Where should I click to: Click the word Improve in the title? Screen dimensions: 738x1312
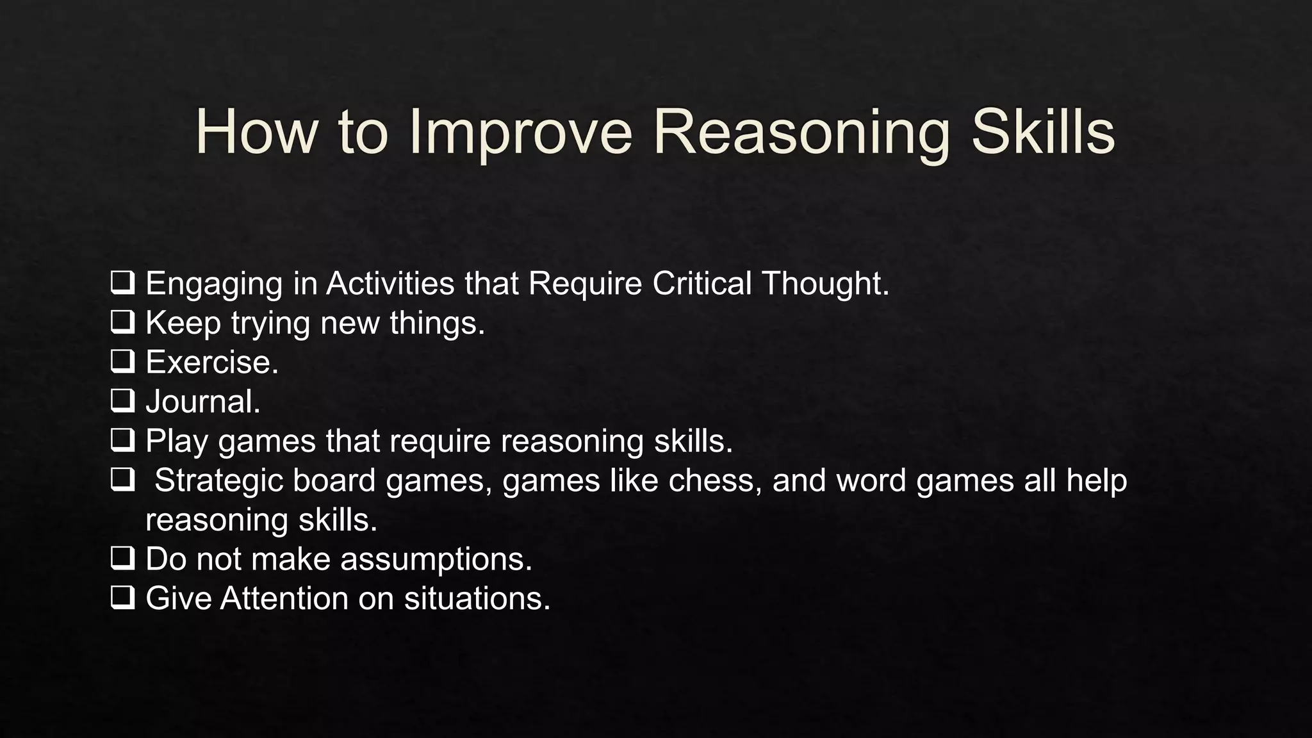pyautogui.click(x=520, y=133)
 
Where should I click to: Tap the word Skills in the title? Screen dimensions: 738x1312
pyautogui.click(x=1043, y=133)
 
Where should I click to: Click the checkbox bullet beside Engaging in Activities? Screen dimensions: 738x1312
pyautogui.click(x=122, y=283)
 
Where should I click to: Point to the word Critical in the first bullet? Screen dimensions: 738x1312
pyautogui.click(x=701, y=283)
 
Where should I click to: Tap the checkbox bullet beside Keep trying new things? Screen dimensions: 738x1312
pyautogui.click(x=122, y=322)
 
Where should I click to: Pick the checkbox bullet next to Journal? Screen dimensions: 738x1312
pyautogui.click(x=122, y=401)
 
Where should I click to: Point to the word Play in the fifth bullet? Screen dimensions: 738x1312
pyautogui.click(x=176, y=441)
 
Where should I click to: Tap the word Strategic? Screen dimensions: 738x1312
pyautogui.click(x=218, y=480)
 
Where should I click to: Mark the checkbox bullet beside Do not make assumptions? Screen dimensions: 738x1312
pyautogui.click(x=122, y=559)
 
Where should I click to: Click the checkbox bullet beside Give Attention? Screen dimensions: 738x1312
pyautogui.click(x=122, y=598)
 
